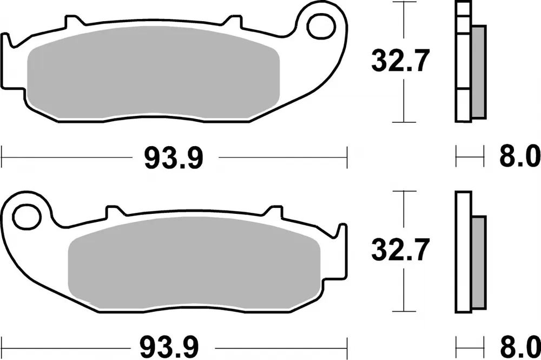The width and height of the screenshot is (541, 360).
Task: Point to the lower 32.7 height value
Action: (x=400, y=251)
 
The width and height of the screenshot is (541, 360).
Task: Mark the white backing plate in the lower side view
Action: (x=464, y=252)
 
